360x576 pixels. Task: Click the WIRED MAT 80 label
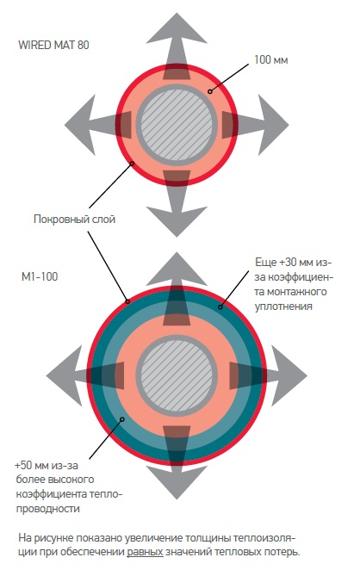coord(53,45)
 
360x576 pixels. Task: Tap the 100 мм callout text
coord(270,59)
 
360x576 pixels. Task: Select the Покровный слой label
coord(75,219)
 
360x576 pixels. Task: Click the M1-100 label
coord(40,276)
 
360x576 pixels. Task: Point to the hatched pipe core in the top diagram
coord(177,125)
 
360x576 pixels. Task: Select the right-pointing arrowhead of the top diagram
coord(274,125)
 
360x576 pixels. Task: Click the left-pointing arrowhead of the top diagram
coord(80,125)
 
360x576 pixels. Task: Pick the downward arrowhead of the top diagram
coord(177,221)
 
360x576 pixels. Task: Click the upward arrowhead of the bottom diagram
coord(177,268)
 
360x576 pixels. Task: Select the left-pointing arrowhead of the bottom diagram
coord(64,375)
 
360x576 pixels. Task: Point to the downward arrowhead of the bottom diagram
coord(177,483)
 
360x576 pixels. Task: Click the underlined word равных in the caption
coord(145,553)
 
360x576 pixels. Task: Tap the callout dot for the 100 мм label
coord(210,91)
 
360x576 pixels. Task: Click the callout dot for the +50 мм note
coord(122,419)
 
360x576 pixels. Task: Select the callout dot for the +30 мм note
coord(220,307)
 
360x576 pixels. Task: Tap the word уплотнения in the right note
coord(283,307)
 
